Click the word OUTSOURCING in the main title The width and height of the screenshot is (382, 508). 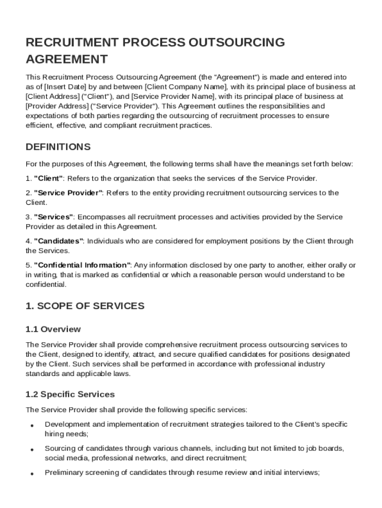click(x=237, y=42)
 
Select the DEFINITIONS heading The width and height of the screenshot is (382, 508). click(x=58, y=147)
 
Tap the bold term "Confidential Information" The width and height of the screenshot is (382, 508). click(x=82, y=265)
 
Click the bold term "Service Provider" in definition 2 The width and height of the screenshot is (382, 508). click(x=68, y=193)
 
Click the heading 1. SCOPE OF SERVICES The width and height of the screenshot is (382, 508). click(x=85, y=306)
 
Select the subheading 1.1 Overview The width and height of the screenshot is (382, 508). click(x=53, y=329)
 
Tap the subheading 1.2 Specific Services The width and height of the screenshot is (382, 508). click(x=70, y=394)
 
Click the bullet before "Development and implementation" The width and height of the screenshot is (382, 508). click(x=32, y=426)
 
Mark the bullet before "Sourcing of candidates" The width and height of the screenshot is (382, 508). click(x=32, y=449)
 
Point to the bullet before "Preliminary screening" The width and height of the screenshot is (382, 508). click(x=32, y=474)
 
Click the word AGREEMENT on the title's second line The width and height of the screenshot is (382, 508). click(x=66, y=60)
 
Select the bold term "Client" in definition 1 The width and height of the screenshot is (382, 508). click(x=48, y=178)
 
